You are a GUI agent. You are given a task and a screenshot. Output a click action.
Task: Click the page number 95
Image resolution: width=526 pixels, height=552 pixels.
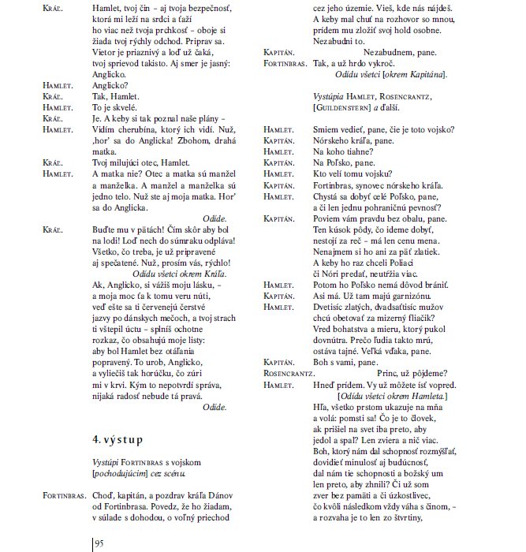tap(100, 544)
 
